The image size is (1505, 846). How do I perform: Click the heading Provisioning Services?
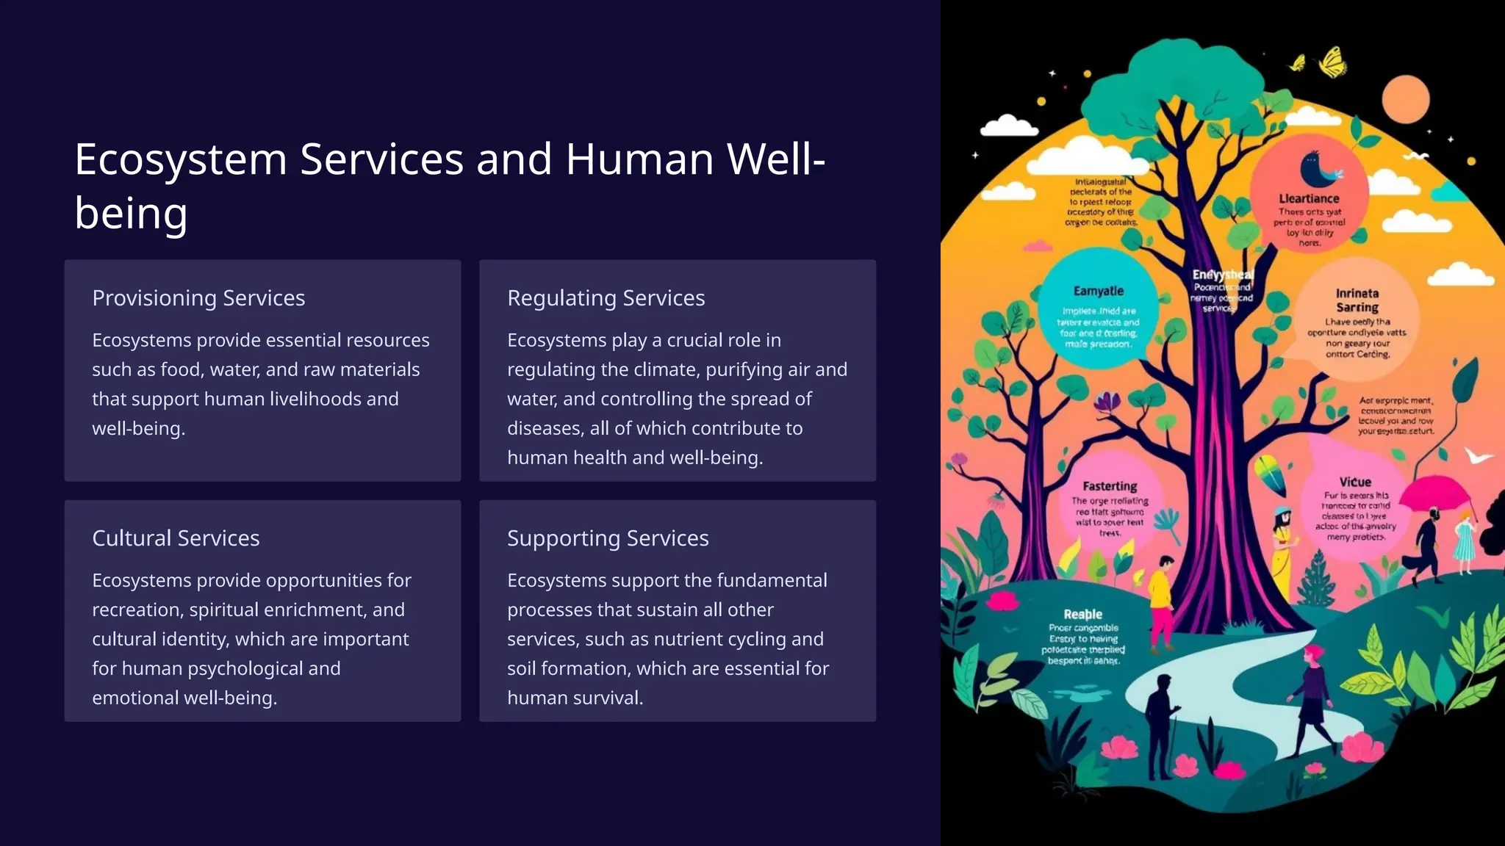pyautogui.click(x=198, y=298)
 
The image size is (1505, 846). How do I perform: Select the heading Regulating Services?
pyautogui.click(x=606, y=298)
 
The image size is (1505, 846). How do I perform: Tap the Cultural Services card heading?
pyautogui.click(x=176, y=538)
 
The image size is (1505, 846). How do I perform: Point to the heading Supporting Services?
pyautogui.click(x=608, y=538)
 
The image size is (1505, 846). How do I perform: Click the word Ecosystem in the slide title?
pyautogui.click(x=181, y=159)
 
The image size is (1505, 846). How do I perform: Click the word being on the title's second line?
pyautogui.click(x=131, y=214)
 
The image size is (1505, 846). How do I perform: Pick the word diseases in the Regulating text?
pyautogui.click(x=542, y=428)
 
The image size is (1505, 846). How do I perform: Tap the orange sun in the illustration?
pyautogui.click(x=1405, y=98)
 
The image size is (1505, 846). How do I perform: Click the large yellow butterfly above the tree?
pyautogui.click(x=1333, y=62)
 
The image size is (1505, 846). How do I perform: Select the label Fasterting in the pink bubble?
pyautogui.click(x=1110, y=486)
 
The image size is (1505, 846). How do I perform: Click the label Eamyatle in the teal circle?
pyautogui.click(x=1098, y=291)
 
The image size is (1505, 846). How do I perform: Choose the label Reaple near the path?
pyautogui.click(x=1082, y=614)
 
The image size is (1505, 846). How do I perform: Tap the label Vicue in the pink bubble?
pyautogui.click(x=1354, y=482)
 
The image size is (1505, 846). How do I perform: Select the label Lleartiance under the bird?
pyautogui.click(x=1309, y=198)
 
